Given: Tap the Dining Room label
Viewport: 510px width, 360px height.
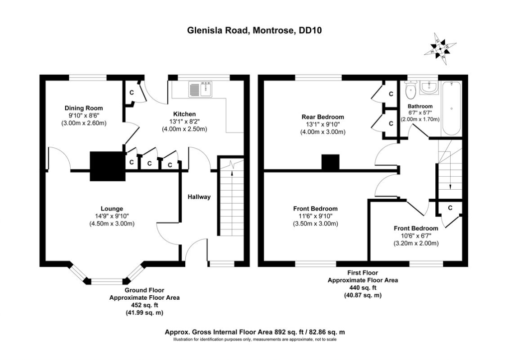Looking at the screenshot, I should pyautogui.click(x=84, y=108).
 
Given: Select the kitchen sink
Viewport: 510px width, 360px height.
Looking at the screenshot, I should pyautogui.click(x=200, y=90).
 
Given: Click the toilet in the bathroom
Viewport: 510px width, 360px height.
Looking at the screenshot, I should pyautogui.click(x=411, y=91).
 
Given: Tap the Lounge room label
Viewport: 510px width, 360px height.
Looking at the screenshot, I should pyautogui.click(x=112, y=209).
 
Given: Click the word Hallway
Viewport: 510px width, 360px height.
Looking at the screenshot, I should pyautogui.click(x=199, y=197).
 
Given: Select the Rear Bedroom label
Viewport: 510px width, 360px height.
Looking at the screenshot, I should pyautogui.click(x=322, y=117).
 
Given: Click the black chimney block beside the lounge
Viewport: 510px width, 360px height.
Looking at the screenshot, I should pyautogui.click(x=107, y=166).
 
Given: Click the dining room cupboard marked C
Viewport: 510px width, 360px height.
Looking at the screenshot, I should pyautogui.click(x=131, y=93).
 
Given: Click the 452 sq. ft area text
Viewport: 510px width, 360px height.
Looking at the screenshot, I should pyautogui.click(x=144, y=305).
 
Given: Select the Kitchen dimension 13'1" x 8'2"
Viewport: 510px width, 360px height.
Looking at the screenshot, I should pyautogui.click(x=184, y=121).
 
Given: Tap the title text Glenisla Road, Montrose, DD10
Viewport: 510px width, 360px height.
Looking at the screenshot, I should pyautogui.click(x=255, y=30).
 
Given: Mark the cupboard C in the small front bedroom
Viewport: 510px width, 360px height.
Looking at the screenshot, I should pyautogui.click(x=450, y=208).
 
